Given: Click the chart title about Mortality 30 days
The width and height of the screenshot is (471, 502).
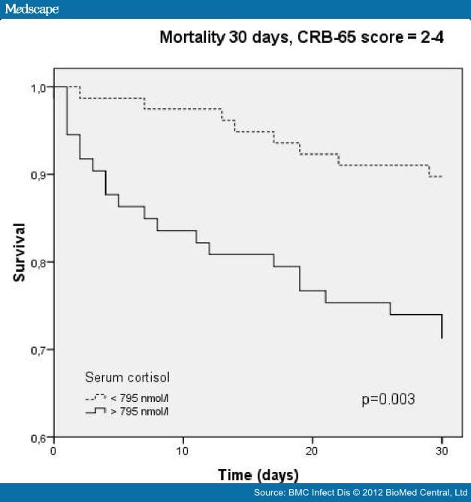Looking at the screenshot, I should point(300,37).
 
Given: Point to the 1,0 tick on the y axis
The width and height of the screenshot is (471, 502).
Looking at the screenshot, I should point(38,88).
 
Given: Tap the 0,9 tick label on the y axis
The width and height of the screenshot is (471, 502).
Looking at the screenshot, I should point(38,175).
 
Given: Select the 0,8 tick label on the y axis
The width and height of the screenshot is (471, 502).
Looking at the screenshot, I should point(38,263).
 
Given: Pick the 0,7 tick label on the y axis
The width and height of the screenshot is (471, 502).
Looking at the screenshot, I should point(38,350).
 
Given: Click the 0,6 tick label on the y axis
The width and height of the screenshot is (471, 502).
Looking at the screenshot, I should point(38,437).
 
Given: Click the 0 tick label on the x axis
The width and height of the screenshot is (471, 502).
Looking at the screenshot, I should point(53,451).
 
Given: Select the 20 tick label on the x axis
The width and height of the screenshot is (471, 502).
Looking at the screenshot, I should point(312,451).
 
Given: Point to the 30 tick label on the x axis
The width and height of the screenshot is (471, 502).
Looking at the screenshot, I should point(442,451).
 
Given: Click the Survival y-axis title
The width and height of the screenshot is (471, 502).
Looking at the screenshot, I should point(20,252).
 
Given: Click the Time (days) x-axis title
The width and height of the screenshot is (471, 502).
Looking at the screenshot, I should point(258,475).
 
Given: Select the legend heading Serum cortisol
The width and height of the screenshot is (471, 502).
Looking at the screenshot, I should point(131,376).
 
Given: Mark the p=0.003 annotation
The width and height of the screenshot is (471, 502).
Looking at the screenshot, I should point(388,398).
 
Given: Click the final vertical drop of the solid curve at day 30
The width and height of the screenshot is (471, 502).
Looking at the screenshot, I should point(442,327).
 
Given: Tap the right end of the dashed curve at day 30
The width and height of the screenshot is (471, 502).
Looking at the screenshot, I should point(441,176).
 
